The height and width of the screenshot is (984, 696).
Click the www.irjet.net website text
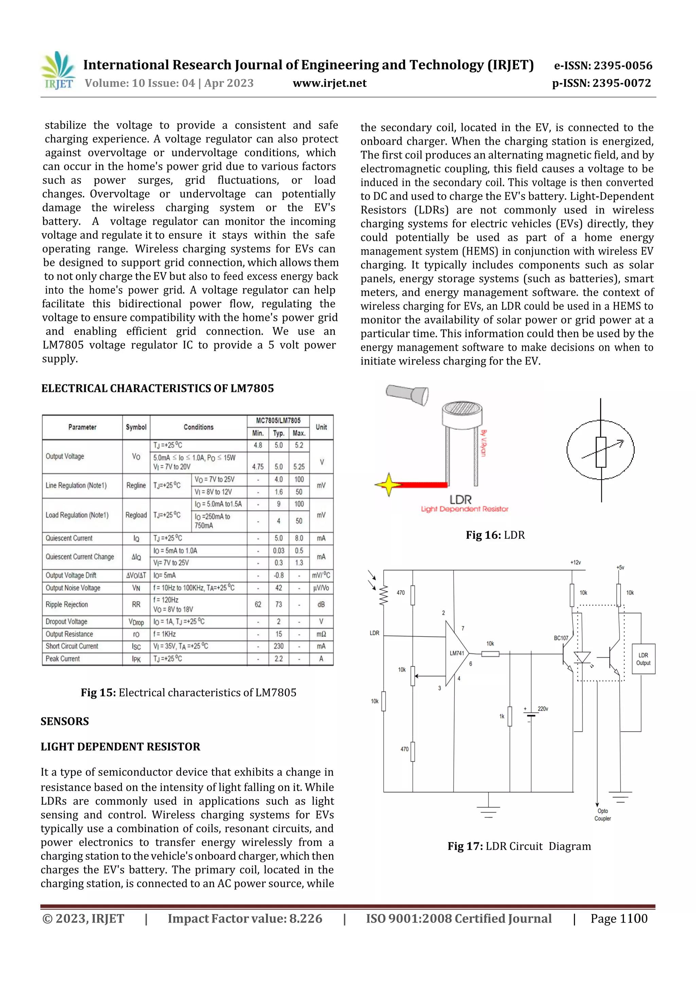coord(329,83)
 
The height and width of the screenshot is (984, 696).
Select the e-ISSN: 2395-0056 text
coord(603,66)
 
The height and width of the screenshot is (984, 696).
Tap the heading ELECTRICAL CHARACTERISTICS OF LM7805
coord(157,388)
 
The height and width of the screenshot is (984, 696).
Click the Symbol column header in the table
coord(136,427)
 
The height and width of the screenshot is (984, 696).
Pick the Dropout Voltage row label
coord(67,622)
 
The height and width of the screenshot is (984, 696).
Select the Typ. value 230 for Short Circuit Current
coord(279,646)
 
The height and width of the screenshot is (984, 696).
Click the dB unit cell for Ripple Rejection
coord(321,604)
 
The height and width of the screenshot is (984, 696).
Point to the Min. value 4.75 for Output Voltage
coord(258,467)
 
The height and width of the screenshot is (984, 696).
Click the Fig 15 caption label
coord(98,693)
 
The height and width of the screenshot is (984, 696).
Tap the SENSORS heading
coord(65,721)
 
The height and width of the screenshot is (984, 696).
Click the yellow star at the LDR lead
coord(388,485)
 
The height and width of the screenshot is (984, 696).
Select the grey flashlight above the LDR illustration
coord(407,393)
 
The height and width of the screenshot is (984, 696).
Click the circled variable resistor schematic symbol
coord(601,450)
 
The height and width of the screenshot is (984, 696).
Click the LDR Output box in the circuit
coord(643,659)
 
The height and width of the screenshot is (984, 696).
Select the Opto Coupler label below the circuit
coord(603,815)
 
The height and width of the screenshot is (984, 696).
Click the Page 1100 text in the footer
coord(619,918)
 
